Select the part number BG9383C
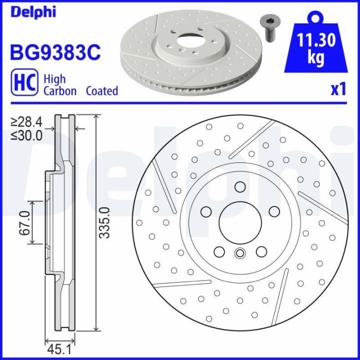pos(55,51)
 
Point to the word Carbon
pos(60,91)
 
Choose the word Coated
pos(102,91)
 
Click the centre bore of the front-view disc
pos(239,221)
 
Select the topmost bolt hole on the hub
pos(239,187)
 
